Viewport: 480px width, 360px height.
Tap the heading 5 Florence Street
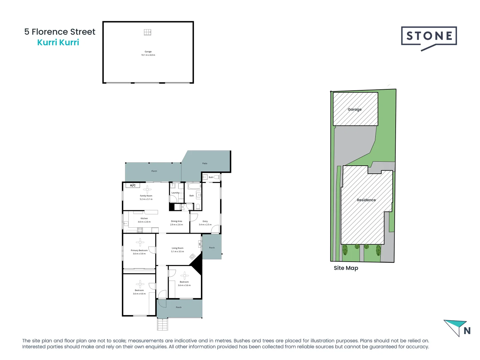pos(60,32)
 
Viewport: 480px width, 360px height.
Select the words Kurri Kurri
pos(58,42)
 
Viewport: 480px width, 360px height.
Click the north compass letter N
pos(467,331)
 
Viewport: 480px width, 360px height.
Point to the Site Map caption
pos(346,268)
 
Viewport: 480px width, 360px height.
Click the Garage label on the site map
pos(354,109)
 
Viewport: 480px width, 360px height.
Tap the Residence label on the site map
pos(366,200)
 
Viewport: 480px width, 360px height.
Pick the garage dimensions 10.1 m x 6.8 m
pos(148,55)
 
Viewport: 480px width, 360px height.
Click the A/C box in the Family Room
pos(133,185)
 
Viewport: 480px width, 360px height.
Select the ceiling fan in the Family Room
pos(147,190)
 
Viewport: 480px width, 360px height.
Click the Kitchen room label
pos(144,218)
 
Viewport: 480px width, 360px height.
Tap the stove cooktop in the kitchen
pos(140,230)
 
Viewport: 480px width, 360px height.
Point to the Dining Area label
pos(176,221)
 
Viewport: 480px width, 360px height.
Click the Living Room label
pos(177,248)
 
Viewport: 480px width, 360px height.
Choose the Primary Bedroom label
pos(139,250)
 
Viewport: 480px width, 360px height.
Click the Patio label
pos(205,163)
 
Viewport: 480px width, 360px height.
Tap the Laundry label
pos(175,193)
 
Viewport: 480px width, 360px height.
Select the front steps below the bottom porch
pos(163,324)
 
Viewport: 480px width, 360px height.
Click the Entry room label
pos(205,221)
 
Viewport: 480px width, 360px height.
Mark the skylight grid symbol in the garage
pos(147,32)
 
